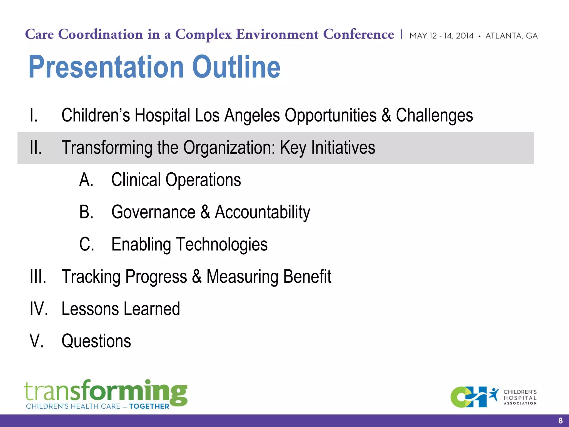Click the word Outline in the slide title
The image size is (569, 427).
[x=236, y=67]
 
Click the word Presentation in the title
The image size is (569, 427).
[x=106, y=67]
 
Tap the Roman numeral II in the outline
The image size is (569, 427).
[x=36, y=147]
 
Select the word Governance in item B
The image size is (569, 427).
[x=153, y=212]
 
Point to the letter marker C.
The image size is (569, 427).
[x=86, y=244]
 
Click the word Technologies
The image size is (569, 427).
[x=221, y=244]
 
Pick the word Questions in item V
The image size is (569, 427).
[x=96, y=341]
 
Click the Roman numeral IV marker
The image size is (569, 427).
[x=39, y=309]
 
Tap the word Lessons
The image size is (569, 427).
[x=90, y=309]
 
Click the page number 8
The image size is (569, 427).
[x=560, y=421]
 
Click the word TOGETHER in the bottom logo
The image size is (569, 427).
[x=149, y=406]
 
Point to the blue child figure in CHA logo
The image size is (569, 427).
[x=494, y=394]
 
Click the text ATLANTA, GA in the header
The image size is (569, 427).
[x=511, y=36]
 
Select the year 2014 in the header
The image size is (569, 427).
[x=465, y=36]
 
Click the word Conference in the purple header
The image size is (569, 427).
[x=358, y=34]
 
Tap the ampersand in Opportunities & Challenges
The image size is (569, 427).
[x=386, y=115]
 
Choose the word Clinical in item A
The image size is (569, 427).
[x=136, y=180]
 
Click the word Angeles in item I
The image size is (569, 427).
[x=252, y=115]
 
